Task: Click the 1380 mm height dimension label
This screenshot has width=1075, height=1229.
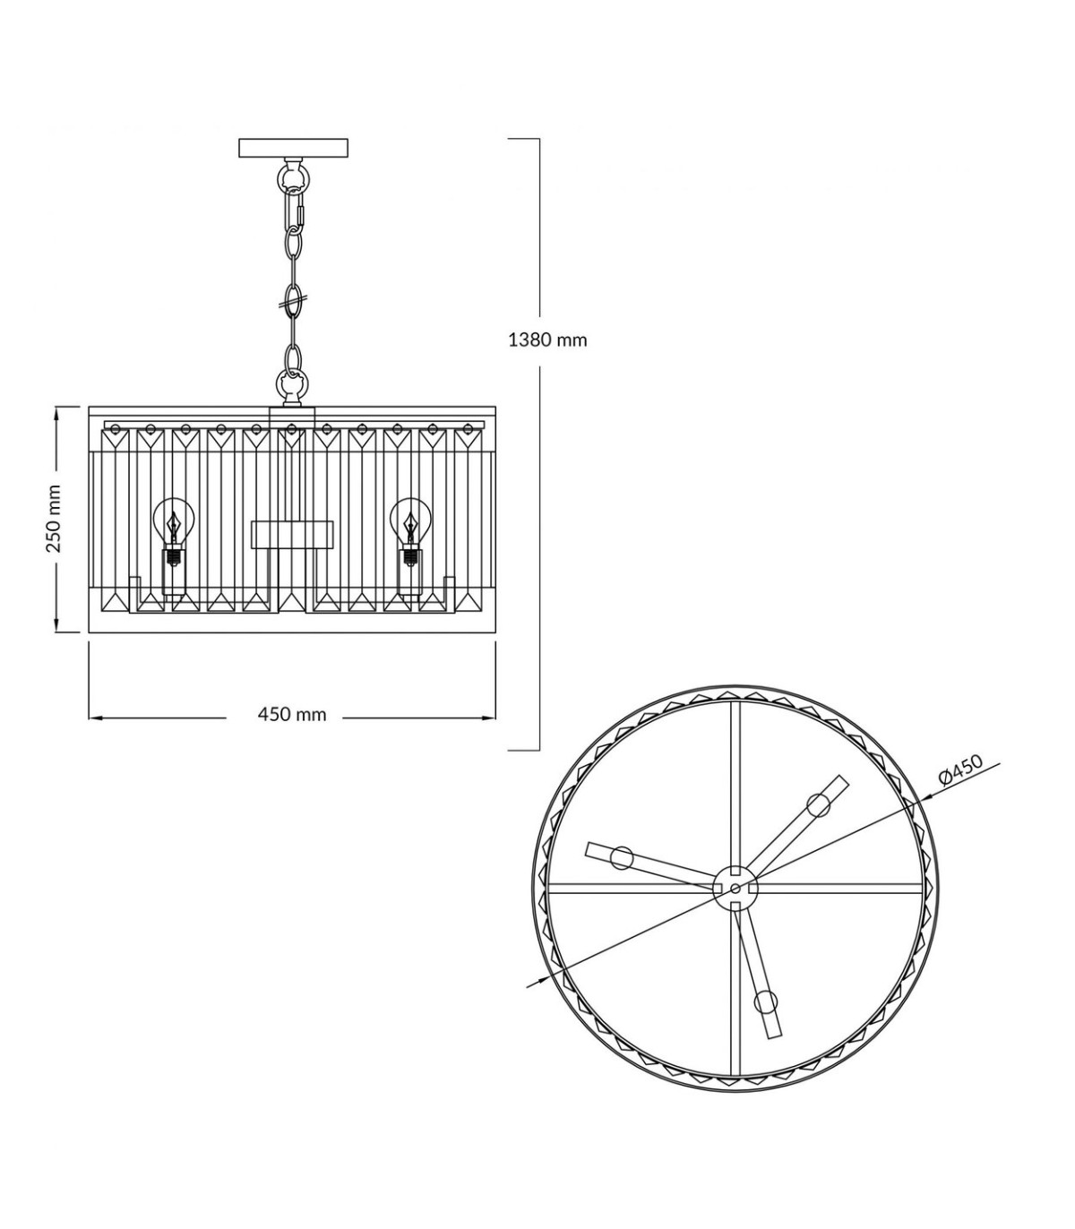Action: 547,340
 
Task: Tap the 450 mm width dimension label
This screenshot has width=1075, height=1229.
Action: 292,714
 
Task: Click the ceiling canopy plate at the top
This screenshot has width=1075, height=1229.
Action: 293,148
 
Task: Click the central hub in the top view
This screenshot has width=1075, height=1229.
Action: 735,888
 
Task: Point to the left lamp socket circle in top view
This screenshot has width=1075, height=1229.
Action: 622,857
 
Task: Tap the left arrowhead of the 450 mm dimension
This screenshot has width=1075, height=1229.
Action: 95,718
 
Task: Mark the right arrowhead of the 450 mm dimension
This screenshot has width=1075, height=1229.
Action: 489,718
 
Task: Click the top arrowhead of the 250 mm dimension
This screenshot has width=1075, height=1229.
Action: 56,412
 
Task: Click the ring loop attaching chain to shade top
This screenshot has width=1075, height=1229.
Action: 292,382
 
